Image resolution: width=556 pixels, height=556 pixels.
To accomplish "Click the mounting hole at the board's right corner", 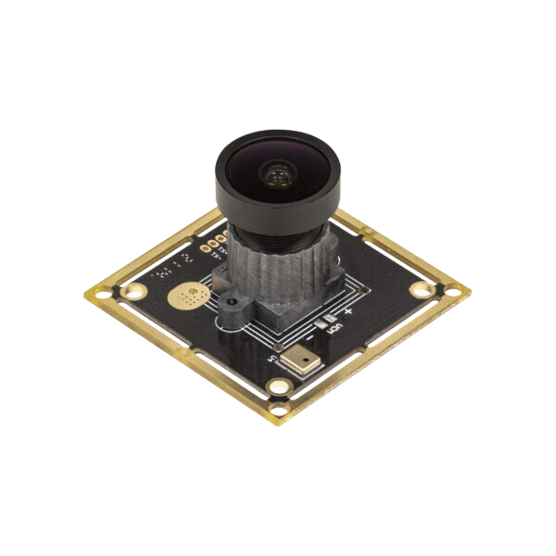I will (422, 291).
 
